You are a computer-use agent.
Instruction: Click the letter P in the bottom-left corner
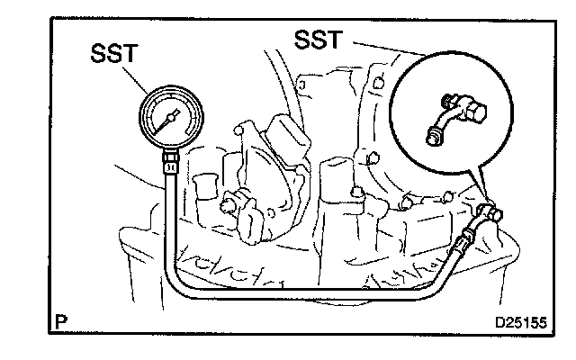pyautogui.click(x=59, y=319)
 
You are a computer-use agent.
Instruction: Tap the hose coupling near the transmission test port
pyautogui.click(x=466, y=238)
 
